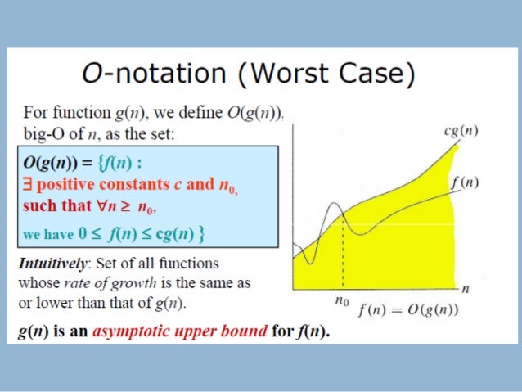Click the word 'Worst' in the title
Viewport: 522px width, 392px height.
275,74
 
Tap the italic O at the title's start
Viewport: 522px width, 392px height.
93,74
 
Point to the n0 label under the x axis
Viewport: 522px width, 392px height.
342,301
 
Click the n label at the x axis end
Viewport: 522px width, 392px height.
465,288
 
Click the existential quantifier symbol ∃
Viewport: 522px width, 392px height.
28,184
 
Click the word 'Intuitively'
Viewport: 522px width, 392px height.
53,263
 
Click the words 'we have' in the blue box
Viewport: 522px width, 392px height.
47,234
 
